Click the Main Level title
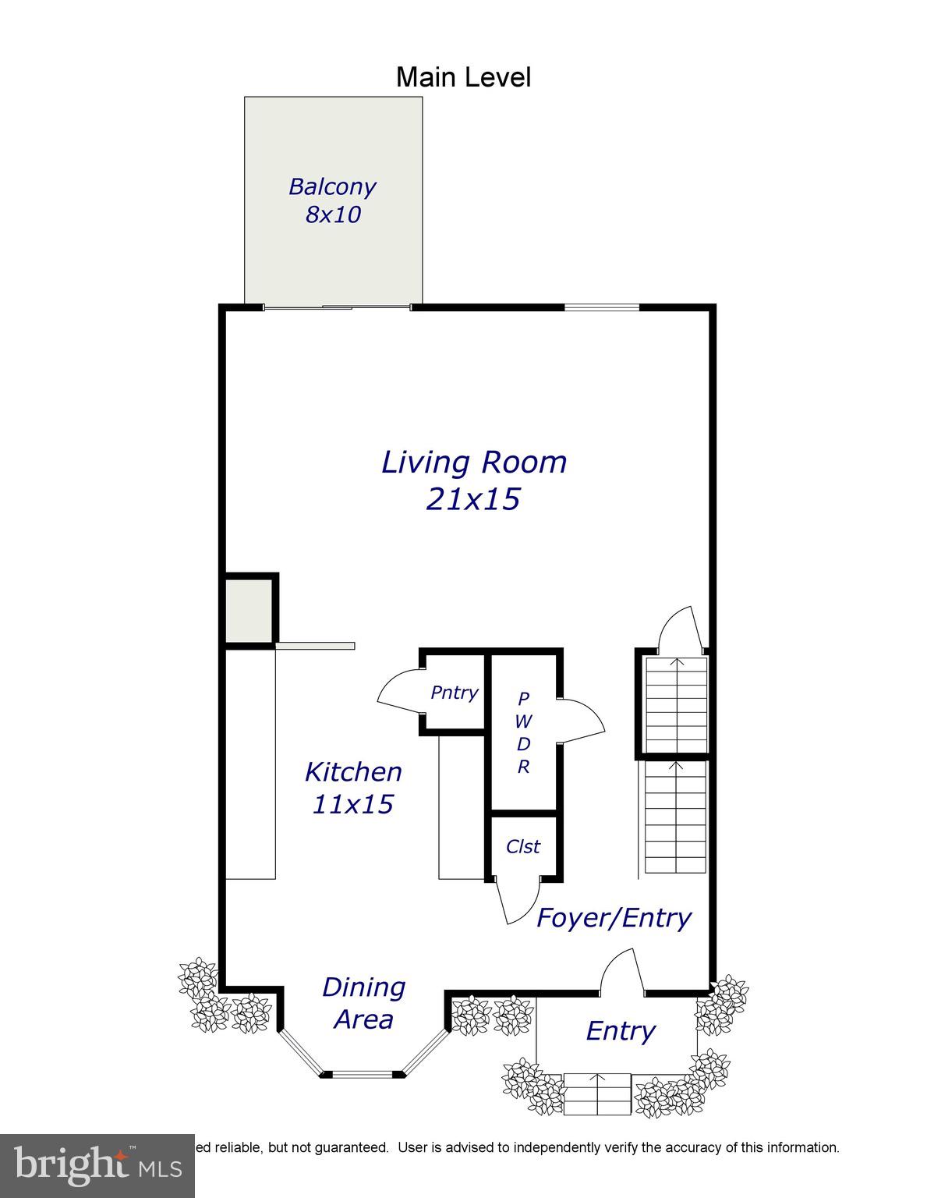point(463,77)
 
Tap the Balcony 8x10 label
point(333,200)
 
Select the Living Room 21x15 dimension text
point(472,499)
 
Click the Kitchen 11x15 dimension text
point(352,803)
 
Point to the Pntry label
point(454,693)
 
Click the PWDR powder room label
point(523,732)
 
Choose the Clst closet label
point(522,847)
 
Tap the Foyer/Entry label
point(614,917)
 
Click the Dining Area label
point(363,1003)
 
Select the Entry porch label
point(620,1031)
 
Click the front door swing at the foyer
point(621,972)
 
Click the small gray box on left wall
point(249,611)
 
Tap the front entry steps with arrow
point(597,1094)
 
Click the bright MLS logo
point(97,1166)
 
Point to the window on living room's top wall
point(601,307)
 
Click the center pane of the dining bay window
point(363,1074)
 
